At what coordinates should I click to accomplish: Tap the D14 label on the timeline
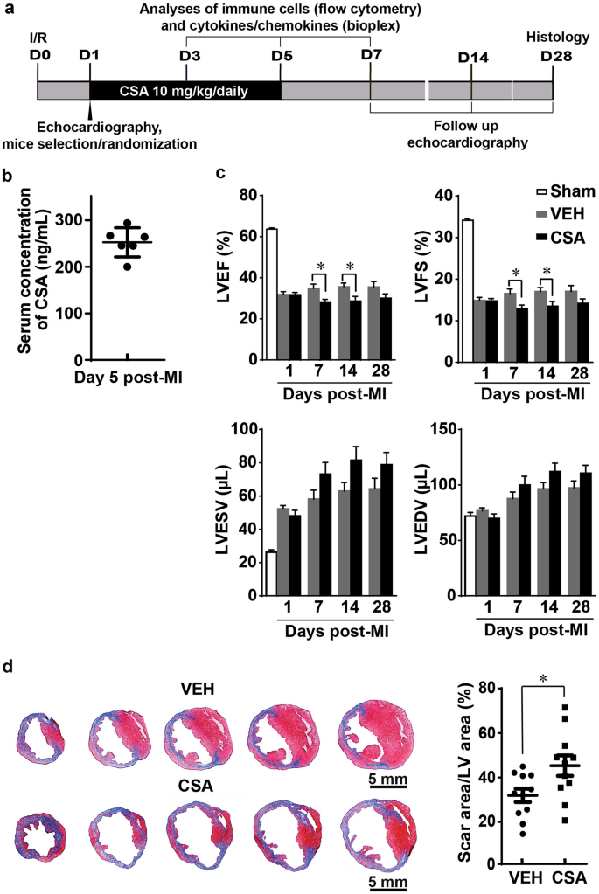pyautogui.click(x=472, y=58)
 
